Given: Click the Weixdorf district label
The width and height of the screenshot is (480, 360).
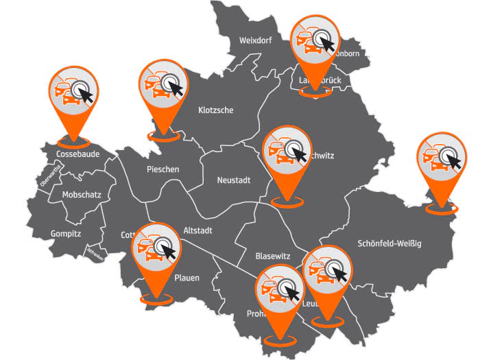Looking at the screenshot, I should pyautogui.click(x=256, y=40).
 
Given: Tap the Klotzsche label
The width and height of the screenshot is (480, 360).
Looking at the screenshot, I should pyautogui.click(x=216, y=110).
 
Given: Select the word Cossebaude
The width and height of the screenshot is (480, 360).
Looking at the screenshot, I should pyautogui.click(x=77, y=154).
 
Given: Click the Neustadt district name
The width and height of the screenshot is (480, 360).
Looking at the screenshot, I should pyautogui.click(x=234, y=181).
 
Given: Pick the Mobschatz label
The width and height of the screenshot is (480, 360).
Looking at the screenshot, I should pyautogui.click(x=82, y=195).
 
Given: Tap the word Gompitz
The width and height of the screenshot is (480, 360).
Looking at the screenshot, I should pyautogui.click(x=66, y=234).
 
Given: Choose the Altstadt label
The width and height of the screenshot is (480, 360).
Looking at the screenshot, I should pyautogui.click(x=198, y=230).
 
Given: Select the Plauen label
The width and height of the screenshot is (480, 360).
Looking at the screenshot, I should pyautogui.click(x=187, y=278).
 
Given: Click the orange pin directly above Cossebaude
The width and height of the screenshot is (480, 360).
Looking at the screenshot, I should pyautogui.click(x=75, y=93).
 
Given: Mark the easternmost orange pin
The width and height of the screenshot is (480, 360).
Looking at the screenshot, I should pyautogui.click(x=441, y=160).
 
